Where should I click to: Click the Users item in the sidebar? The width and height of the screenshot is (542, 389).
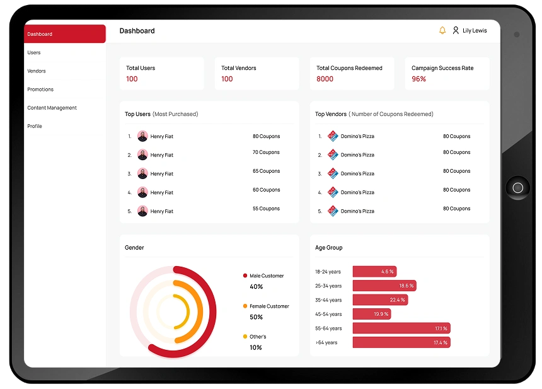pyautogui.click(x=34, y=52)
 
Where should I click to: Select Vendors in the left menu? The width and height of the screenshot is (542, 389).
pyautogui.click(x=37, y=71)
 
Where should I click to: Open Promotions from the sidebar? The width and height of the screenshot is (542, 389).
pyautogui.click(x=40, y=90)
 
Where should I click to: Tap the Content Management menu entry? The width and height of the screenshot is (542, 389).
pyautogui.click(x=52, y=108)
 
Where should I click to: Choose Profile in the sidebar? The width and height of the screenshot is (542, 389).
pyautogui.click(x=35, y=126)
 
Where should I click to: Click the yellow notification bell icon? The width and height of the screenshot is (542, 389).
pyautogui.click(x=442, y=30)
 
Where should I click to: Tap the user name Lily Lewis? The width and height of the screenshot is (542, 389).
pyautogui.click(x=475, y=30)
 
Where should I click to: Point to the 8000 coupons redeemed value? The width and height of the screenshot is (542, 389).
pyautogui.click(x=325, y=79)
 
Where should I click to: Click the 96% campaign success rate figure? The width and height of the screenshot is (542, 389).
pyautogui.click(x=419, y=79)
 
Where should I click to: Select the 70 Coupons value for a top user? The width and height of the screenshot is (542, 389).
pyautogui.click(x=266, y=152)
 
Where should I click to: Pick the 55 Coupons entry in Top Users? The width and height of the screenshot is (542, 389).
pyautogui.click(x=266, y=208)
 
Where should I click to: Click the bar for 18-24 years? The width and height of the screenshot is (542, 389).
pyautogui.click(x=374, y=272)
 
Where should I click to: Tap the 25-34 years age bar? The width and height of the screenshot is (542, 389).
pyautogui.click(x=384, y=286)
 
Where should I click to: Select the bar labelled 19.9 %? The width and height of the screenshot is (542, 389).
pyautogui.click(x=372, y=314)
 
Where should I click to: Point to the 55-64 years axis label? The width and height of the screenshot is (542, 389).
pyautogui.click(x=328, y=328)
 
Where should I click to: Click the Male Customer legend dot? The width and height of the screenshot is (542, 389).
pyautogui.click(x=245, y=276)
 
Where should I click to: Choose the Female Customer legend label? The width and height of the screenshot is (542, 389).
pyautogui.click(x=269, y=306)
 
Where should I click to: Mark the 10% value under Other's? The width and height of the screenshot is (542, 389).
pyautogui.click(x=256, y=347)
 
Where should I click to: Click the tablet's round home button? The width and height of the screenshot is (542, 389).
pyautogui.click(x=518, y=188)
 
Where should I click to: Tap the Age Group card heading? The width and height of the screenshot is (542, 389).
pyautogui.click(x=329, y=248)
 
